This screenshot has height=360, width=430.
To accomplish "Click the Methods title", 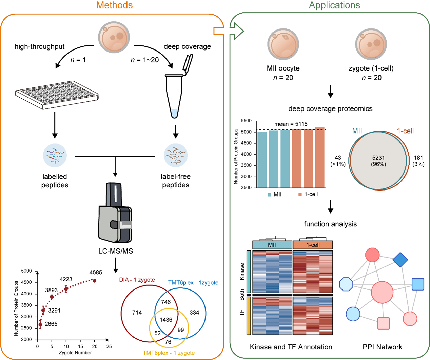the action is tap(114, 5).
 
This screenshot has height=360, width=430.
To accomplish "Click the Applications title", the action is tap(334, 5).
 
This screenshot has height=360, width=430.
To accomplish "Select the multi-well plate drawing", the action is tap(57, 95).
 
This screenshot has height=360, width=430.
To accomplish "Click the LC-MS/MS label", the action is tap(116, 251).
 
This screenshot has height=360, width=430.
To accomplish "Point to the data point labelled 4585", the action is tap(95, 281).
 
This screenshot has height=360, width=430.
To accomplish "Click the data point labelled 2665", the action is tap(40, 325).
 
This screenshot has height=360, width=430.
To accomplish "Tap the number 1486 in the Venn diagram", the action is tap(166, 320).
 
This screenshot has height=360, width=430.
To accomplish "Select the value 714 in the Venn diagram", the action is tap(137, 313).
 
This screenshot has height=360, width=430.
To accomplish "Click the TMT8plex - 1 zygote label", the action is tap(169, 353).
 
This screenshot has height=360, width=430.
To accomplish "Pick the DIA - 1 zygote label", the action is tap(137, 280).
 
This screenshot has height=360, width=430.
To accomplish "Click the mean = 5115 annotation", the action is tap(291, 124).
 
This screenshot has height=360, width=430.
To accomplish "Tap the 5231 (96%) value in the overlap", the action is tap(378, 161).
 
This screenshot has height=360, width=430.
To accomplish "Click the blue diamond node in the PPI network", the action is tap(400, 260).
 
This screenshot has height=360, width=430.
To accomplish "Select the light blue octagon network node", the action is tap(346, 284).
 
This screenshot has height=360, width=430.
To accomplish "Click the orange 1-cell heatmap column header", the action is tap(313, 245).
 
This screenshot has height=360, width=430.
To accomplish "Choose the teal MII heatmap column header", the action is tap(272, 245).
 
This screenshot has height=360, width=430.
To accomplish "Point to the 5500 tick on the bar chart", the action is tap(246, 121).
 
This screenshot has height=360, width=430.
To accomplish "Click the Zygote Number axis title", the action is tap(75, 353).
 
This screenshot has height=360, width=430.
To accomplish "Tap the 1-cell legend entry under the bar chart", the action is tap(308, 194).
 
